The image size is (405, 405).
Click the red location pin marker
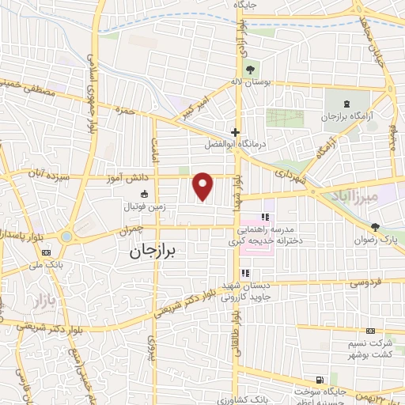(203, 187)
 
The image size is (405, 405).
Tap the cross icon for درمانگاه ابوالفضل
(235, 132)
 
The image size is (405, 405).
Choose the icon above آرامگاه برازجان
(347, 104)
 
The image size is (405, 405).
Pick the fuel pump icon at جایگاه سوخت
(319, 380)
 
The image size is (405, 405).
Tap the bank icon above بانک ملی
(45, 253)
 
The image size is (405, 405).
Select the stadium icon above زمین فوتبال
(144, 194)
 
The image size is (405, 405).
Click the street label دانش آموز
(127, 179)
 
